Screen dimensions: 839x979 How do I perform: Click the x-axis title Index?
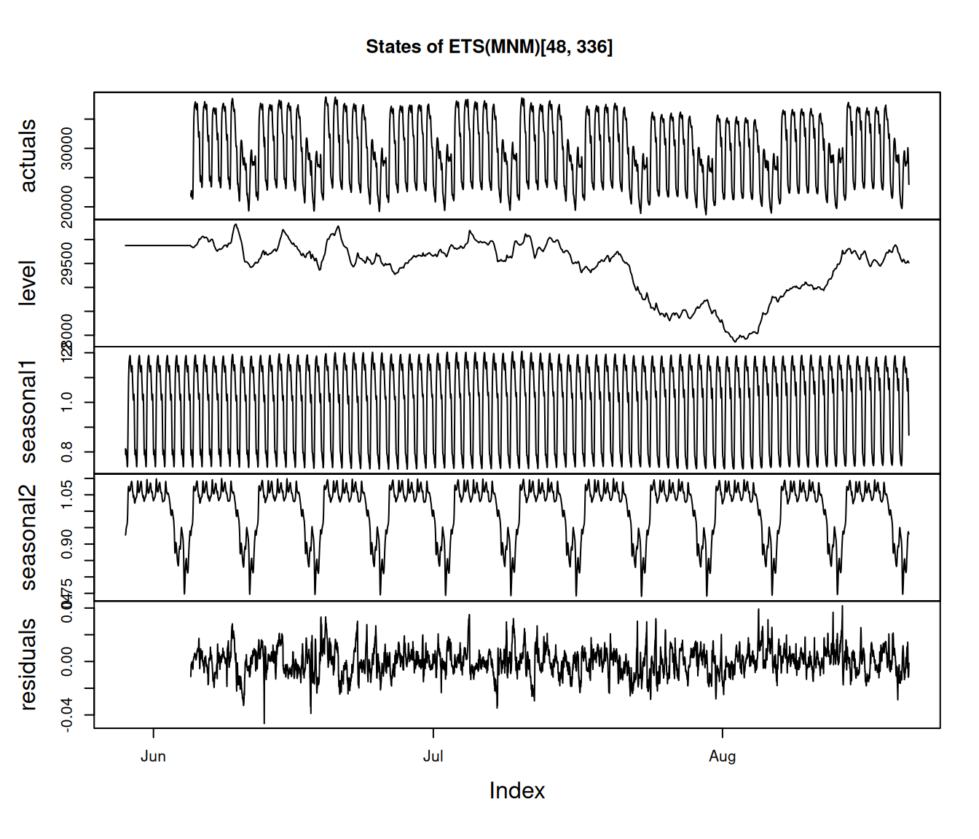tap(516, 791)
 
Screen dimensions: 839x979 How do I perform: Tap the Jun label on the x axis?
tap(153, 757)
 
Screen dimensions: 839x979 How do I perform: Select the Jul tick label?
tap(433, 757)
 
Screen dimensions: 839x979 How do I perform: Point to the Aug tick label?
tap(722, 757)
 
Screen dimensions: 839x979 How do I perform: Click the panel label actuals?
tap(28, 156)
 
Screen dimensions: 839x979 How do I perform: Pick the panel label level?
tap(28, 283)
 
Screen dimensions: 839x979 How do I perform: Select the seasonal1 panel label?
tap(28, 410)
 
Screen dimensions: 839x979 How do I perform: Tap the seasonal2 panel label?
tap(28, 537)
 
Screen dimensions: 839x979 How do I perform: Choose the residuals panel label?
tap(28, 664)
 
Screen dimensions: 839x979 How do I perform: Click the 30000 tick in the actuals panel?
tap(66, 149)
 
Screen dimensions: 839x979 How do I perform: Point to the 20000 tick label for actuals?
tap(66, 207)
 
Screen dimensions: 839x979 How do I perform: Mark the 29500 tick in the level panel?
tap(66, 264)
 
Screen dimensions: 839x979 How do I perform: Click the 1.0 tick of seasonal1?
tap(66, 402)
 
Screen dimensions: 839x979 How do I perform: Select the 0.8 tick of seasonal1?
tap(66, 452)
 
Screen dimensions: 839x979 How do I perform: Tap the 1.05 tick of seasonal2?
tap(66, 495)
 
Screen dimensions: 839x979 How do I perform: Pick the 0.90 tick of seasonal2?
tap(66, 544)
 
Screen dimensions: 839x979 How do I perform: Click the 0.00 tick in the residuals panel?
tap(66, 661)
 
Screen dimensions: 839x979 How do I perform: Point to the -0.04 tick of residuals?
tap(66, 715)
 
